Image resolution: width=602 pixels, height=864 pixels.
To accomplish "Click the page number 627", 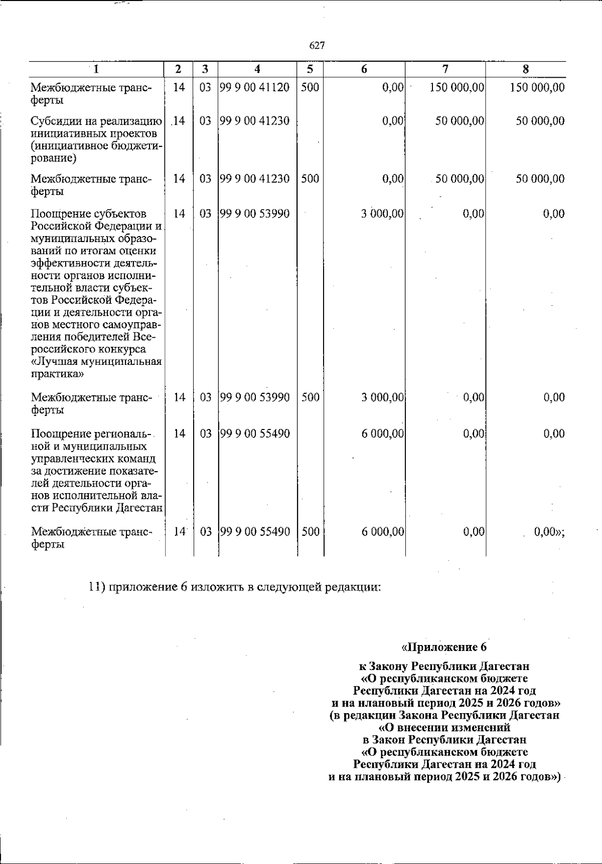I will tap(317, 46).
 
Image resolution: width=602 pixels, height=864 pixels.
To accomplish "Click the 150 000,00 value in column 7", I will tap(457, 88).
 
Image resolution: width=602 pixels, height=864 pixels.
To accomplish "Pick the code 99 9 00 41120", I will tap(255, 88).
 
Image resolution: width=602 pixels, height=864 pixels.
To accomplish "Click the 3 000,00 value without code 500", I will tap(382, 214).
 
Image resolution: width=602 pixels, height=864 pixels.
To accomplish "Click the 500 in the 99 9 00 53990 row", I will tap(311, 398).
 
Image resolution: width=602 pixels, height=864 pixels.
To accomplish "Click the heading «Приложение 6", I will tap(444, 646).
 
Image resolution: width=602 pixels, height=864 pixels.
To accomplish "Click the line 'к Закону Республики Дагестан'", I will tap(444, 667).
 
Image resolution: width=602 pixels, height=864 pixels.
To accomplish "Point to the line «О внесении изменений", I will tap(444, 727).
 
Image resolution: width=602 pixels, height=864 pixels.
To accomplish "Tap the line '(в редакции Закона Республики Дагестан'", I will tap(444, 715).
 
